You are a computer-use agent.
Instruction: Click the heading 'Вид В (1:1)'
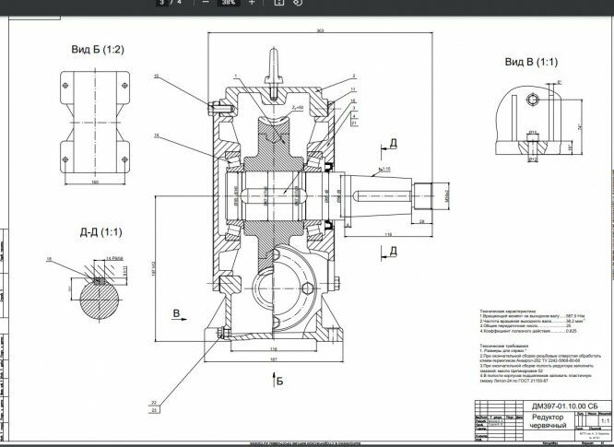(x=531, y=62)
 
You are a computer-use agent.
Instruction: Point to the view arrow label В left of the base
(x=175, y=314)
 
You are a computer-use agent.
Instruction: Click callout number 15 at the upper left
(x=158, y=76)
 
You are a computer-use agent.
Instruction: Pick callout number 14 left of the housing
(x=158, y=135)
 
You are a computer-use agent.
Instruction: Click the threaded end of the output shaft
(x=431, y=195)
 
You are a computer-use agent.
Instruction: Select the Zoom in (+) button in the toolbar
(x=252, y=3)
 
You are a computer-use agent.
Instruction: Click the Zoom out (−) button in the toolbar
(x=195, y=3)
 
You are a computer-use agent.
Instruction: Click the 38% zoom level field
(x=224, y=3)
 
